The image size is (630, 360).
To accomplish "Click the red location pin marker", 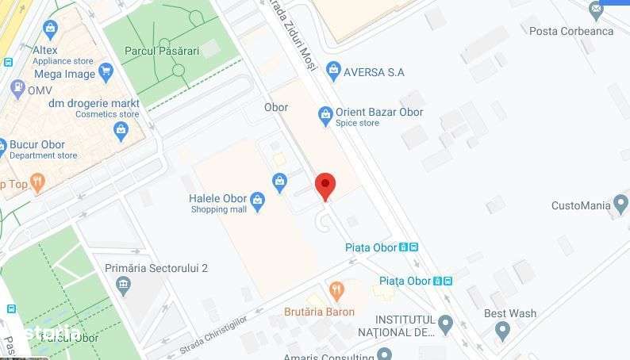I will (325, 186).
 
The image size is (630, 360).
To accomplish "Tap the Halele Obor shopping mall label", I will (218, 198).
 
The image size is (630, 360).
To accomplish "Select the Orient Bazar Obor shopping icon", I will (325, 116).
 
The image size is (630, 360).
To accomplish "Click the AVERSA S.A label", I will (374, 72).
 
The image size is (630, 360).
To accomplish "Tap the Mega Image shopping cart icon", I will (106, 73).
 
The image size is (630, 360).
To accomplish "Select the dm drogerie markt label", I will (94, 103).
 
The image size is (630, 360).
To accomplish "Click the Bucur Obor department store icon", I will (121, 132).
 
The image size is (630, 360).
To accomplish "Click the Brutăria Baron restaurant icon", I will (336, 291).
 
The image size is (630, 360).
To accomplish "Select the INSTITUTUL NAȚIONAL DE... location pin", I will (446, 324).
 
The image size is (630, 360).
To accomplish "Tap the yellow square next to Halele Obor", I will (279, 159).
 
